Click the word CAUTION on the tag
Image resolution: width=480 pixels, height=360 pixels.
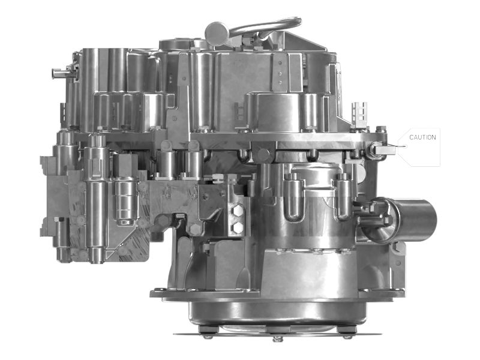point(422,137)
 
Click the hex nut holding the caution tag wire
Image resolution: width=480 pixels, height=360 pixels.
point(380,147)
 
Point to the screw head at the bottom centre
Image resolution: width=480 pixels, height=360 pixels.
point(277,338)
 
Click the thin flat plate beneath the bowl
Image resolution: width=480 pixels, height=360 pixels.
point(276,332)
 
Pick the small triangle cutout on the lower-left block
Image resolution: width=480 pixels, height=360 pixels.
point(120,252)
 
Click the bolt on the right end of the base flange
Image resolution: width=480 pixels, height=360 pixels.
point(397,293)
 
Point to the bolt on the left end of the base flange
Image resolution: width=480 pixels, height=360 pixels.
point(157,293)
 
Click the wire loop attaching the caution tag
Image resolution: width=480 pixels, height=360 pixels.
point(393,146)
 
